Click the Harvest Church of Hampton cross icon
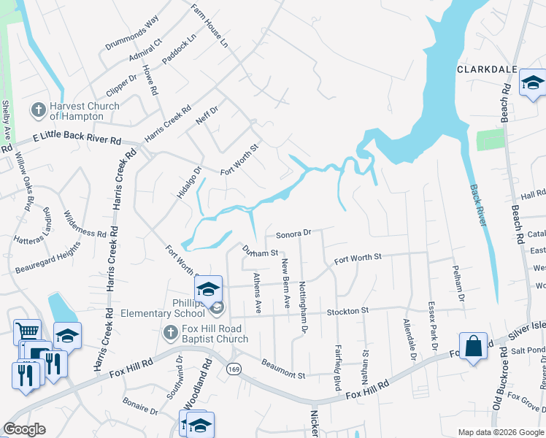pos(38,110)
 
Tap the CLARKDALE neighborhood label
pos(487,70)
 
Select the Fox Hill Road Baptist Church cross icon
pos(170,333)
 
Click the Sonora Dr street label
pos(294,234)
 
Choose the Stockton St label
pos(347,312)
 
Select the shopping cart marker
pos(27,332)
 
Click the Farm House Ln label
pos(210,27)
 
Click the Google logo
pos(24,429)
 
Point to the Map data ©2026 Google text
pos(500,432)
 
